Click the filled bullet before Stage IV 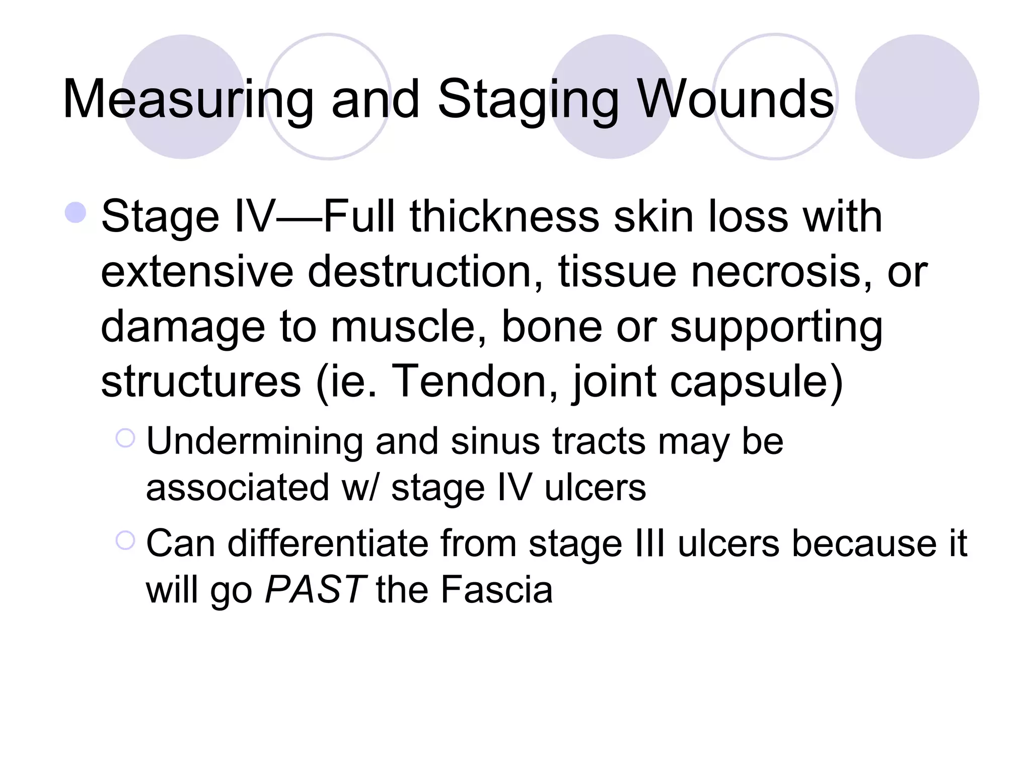pyautogui.click(x=76, y=212)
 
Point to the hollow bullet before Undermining pyautogui.click(x=125, y=438)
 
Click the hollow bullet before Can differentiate pyautogui.click(x=125, y=540)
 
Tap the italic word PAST pyautogui.click(x=315, y=589)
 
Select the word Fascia pyautogui.click(x=496, y=589)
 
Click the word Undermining pyautogui.click(x=254, y=441)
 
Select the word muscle pyautogui.click(x=408, y=327)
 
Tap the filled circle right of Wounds pyautogui.click(x=917, y=97)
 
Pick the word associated pyautogui.click(x=237, y=487)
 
